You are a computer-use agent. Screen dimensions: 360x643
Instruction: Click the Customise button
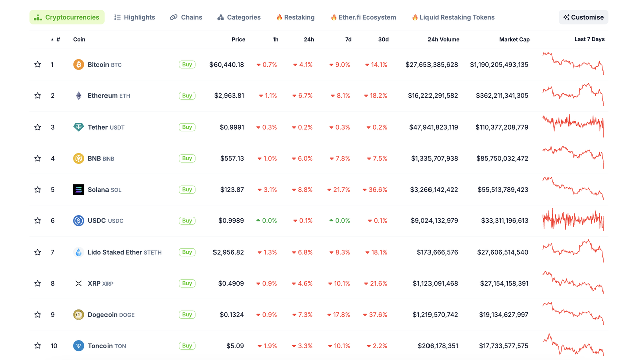click(583, 17)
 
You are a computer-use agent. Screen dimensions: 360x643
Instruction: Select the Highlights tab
click(135, 17)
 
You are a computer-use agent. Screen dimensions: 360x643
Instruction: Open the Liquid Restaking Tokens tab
click(453, 17)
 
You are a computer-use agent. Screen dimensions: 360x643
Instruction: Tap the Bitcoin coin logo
click(78, 64)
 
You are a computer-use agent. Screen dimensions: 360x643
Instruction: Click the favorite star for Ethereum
click(38, 96)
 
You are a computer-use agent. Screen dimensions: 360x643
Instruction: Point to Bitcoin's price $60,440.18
click(227, 65)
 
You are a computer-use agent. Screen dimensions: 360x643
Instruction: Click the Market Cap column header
click(514, 39)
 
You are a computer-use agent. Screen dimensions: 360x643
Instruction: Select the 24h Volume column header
click(443, 39)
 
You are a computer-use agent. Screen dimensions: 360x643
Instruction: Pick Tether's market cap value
click(502, 127)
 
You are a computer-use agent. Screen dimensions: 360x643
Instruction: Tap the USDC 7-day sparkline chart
click(573, 220)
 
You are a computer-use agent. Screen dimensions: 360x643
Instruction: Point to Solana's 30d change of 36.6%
click(375, 190)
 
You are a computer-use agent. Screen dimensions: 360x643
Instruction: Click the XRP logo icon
click(78, 284)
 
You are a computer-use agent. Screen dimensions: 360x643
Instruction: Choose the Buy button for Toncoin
click(187, 346)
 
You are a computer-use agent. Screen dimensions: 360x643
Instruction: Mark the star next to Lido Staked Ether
click(38, 252)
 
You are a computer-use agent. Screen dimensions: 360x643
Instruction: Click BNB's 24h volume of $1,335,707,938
click(435, 159)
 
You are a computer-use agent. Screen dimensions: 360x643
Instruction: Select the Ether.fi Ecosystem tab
click(363, 17)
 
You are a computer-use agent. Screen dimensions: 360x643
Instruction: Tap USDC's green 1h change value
click(266, 221)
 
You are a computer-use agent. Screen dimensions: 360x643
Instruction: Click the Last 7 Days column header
click(589, 39)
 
